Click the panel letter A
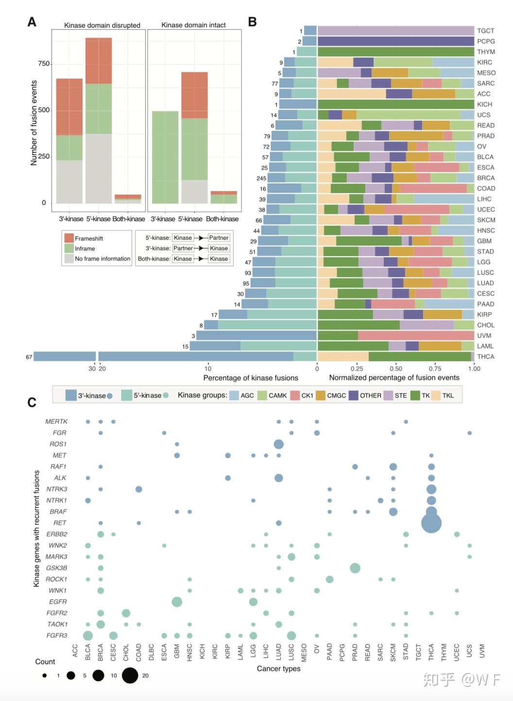point(32,22)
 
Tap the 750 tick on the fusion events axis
point(44,64)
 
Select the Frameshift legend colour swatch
point(69,238)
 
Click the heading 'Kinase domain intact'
point(193,25)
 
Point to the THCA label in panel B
point(485,356)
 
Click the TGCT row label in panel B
point(485,31)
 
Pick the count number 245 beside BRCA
point(261,178)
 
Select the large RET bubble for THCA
point(431,523)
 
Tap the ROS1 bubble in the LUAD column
point(279,444)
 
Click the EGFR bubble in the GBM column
point(177,602)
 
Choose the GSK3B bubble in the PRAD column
point(355,568)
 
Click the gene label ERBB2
point(57,534)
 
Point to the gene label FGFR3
point(57,635)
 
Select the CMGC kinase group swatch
point(321,395)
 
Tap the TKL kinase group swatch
point(436,395)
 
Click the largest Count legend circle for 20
point(130,675)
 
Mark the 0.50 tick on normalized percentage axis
point(396,368)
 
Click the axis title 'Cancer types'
point(278,668)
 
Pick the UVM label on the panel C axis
point(482,651)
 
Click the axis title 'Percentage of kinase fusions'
point(251,378)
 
